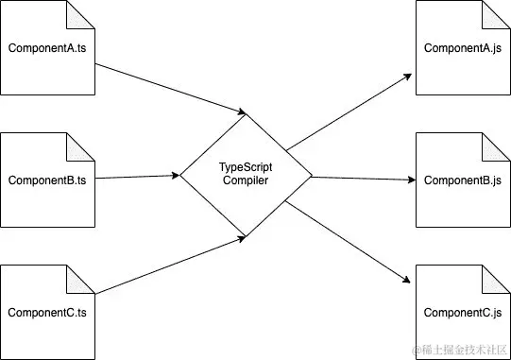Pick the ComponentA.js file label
(x=463, y=47)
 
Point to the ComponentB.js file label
(x=463, y=180)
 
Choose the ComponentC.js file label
(x=463, y=312)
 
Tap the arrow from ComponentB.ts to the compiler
(x=137, y=177)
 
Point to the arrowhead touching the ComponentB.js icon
(x=411, y=179)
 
